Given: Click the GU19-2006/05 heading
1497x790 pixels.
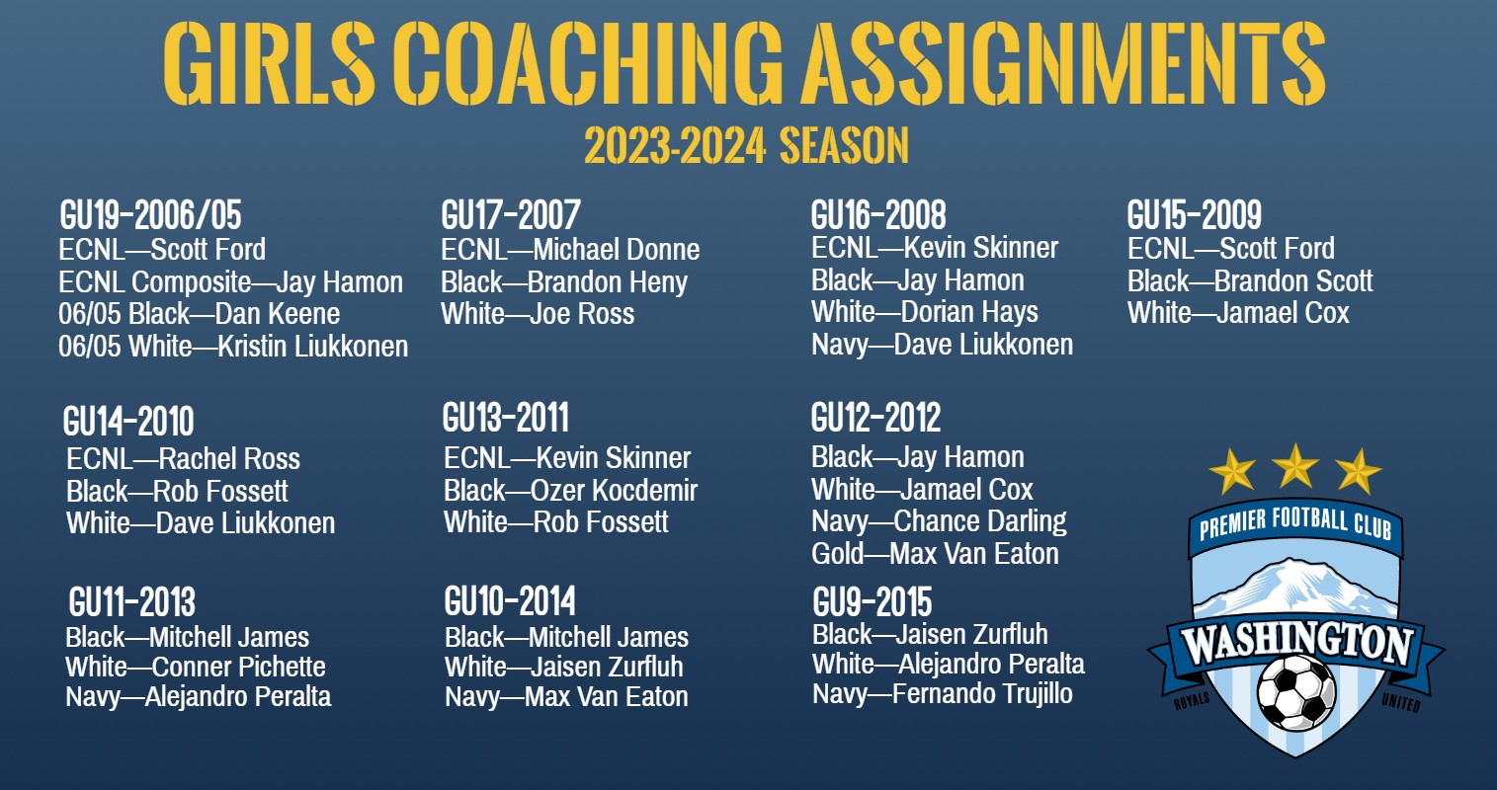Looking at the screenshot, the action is point(150,215).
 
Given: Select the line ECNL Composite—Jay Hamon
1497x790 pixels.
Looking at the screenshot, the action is point(230,282).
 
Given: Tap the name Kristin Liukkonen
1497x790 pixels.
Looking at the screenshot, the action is point(313,346).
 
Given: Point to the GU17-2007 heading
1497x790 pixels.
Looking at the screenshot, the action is point(511,215).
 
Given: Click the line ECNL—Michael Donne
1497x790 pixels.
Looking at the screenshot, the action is point(570,250).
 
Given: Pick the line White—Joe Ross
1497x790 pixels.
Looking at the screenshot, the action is point(538,314).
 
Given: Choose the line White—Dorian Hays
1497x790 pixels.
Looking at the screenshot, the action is point(924,312).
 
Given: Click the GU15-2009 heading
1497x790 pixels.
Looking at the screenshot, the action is point(1195,215).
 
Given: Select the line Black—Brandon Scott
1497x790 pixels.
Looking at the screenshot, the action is point(1250,281).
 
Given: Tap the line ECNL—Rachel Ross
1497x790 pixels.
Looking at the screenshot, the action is point(183,459).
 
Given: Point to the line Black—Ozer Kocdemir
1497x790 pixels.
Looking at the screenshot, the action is point(570,491).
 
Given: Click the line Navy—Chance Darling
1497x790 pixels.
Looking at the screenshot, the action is point(939,521).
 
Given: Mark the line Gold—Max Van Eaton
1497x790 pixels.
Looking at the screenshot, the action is point(935,554).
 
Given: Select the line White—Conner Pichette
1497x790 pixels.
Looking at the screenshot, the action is point(195,667).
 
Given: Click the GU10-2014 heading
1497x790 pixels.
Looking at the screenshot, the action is point(510,601).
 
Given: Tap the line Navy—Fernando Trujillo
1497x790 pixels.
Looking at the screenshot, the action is point(943,694).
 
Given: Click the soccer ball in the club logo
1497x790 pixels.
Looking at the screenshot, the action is point(1295,692).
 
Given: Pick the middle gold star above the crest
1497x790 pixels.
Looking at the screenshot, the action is point(1295,466).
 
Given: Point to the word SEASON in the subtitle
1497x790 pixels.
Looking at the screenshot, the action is point(844,145).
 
